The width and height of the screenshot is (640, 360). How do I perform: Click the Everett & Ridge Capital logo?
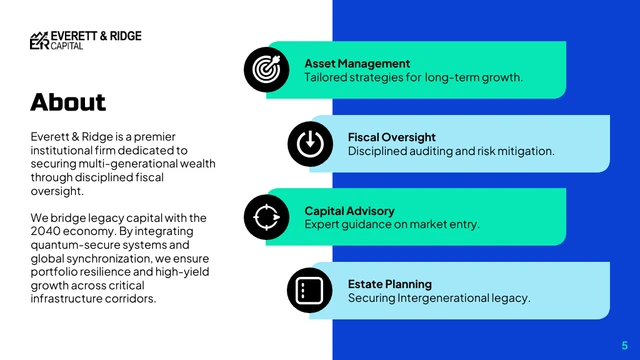[x=85, y=40]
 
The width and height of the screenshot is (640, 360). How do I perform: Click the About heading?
[x=68, y=102]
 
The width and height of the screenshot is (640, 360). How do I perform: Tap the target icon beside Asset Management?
[x=266, y=68]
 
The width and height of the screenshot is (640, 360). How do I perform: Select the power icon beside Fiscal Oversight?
[x=310, y=142]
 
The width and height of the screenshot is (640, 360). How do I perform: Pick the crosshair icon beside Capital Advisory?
[x=266, y=216]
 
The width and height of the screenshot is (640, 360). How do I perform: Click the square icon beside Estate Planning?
[x=310, y=290]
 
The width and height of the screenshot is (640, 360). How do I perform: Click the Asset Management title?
[x=357, y=63]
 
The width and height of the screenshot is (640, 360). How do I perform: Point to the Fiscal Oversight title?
[x=392, y=137]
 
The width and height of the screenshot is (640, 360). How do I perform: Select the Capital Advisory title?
[x=349, y=211]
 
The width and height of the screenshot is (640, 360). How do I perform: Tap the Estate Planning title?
[x=390, y=284]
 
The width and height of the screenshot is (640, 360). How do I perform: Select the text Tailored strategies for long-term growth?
[x=413, y=77]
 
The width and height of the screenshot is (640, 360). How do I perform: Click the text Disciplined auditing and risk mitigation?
[x=450, y=151]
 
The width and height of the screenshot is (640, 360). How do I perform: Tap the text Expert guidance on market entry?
[x=392, y=225]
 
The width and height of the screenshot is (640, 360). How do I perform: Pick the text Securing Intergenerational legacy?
[x=438, y=298]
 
